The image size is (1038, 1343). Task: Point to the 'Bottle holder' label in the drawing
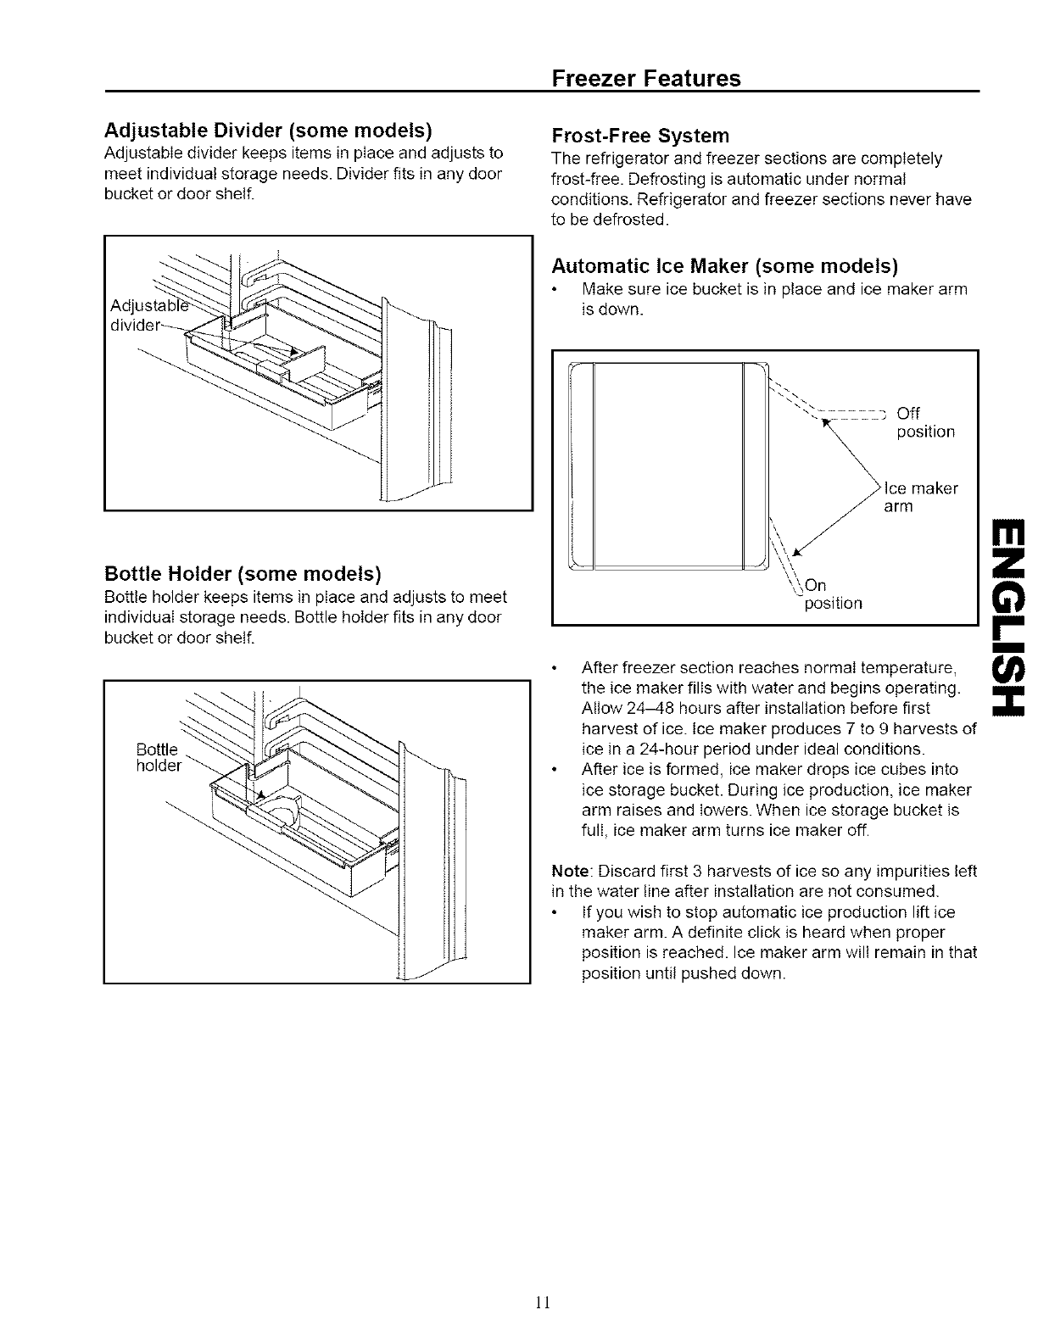[x=159, y=758]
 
